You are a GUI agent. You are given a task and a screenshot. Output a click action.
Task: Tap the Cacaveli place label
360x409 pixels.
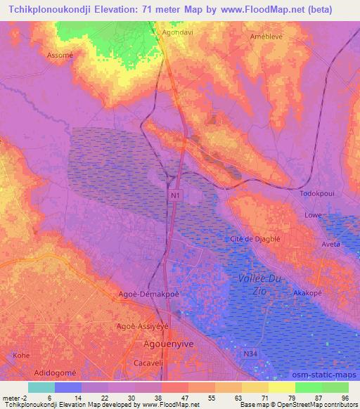point(149,363)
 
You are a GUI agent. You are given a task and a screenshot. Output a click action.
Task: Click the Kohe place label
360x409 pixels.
point(22,356)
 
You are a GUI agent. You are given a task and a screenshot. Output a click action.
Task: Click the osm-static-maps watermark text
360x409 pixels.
point(323,376)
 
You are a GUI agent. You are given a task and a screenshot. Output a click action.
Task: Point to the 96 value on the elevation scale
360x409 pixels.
point(344,397)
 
